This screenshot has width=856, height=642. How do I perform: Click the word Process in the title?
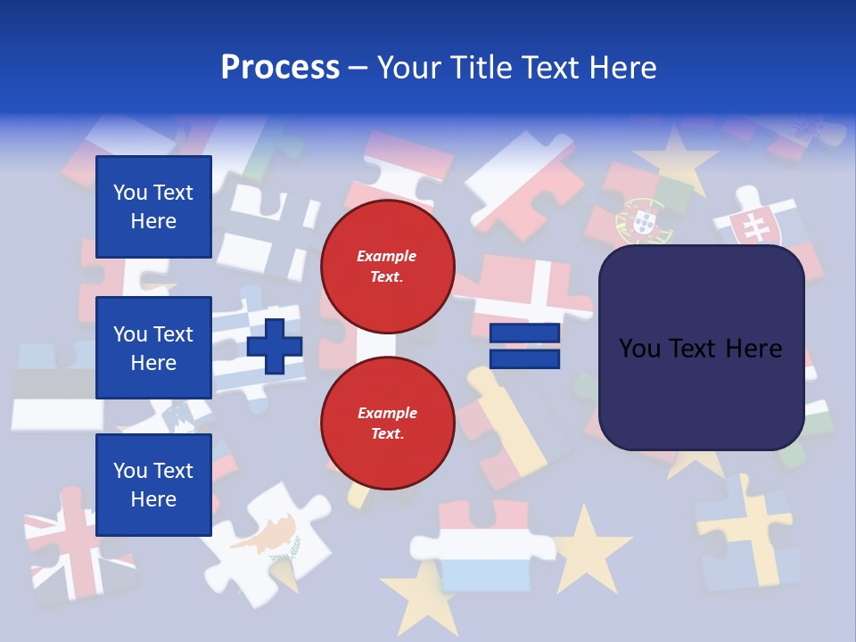[280, 68]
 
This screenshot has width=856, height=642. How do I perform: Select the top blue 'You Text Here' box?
[153, 207]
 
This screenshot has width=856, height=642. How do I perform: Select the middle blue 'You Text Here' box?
[153, 348]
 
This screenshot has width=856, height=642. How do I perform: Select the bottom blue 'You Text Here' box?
[153, 485]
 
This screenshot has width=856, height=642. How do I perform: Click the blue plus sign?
[275, 346]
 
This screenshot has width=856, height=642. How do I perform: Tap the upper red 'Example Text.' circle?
[387, 266]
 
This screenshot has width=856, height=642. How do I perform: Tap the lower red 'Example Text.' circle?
[387, 423]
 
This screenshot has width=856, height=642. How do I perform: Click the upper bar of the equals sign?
[524, 333]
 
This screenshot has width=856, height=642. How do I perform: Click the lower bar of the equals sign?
[524, 358]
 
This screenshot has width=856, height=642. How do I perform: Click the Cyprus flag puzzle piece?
[267, 535]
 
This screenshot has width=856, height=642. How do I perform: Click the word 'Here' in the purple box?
[754, 349]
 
